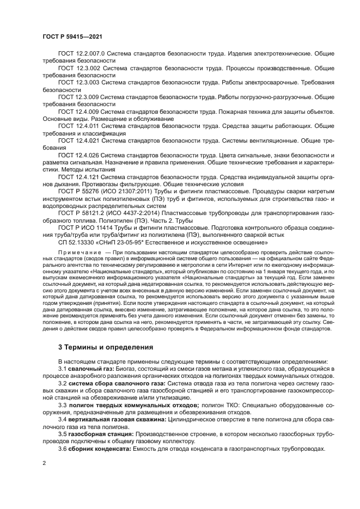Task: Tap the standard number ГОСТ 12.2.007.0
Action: click(x=80, y=53)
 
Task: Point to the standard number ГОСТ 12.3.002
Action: click(x=78, y=68)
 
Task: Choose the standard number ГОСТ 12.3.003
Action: click(x=78, y=83)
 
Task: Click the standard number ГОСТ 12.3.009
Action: click(x=78, y=97)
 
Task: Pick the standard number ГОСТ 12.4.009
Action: click(x=78, y=112)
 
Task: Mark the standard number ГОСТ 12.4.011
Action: click(x=78, y=126)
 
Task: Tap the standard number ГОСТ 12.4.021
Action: click(x=78, y=141)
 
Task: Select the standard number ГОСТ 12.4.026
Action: click(x=78, y=156)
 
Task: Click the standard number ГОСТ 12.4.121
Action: click(x=78, y=177)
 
